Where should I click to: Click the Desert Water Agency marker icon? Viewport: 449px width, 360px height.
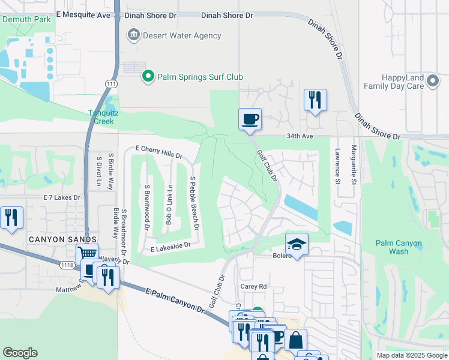[x=133, y=35]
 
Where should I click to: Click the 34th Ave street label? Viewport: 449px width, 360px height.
[x=300, y=136]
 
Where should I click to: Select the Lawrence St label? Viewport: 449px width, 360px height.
[x=338, y=166]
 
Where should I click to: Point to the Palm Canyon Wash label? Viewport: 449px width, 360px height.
[x=398, y=247]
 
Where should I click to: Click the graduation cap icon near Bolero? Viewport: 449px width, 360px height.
[x=296, y=244]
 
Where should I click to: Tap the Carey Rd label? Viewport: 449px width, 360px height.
[x=253, y=286]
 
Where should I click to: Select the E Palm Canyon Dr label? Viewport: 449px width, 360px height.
[x=175, y=299]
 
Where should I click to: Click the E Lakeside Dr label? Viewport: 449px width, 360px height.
[x=170, y=245]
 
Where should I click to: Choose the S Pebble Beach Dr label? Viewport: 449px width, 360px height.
[x=193, y=203]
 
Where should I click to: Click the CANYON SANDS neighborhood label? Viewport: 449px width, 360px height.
[x=58, y=239]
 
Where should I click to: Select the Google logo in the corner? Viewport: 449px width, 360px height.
[x=20, y=353]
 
